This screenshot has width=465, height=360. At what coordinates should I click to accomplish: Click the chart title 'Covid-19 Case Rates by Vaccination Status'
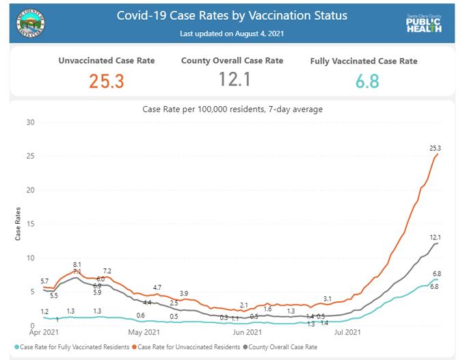(232, 15)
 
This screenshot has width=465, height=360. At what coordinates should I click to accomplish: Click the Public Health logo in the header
(423, 24)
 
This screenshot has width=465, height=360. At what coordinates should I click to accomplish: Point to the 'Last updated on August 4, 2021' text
(232, 33)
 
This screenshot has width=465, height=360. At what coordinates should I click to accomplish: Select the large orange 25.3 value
(106, 81)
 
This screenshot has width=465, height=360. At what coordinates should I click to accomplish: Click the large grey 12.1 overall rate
(232, 79)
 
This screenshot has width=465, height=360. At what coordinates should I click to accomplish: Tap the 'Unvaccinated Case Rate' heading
(106, 61)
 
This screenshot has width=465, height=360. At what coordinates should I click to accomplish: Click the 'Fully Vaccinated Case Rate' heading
(363, 62)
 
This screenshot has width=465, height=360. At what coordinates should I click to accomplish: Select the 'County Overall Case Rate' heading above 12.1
(232, 61)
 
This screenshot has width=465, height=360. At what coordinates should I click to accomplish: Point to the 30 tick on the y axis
(29, 123)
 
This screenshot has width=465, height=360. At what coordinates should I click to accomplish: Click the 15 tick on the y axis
(29, 224)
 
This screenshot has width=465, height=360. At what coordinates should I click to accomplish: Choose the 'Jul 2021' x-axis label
(348, 333)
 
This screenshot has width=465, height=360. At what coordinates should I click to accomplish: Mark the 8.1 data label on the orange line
(77, 264)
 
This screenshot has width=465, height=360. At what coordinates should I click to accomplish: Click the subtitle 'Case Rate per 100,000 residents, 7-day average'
(232, 109)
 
